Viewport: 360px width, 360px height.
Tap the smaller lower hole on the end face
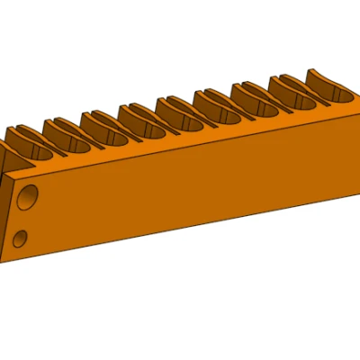coord(21,238)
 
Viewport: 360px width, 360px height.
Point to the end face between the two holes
coord(24,218)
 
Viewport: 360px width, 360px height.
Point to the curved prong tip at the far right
coord(317,72)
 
